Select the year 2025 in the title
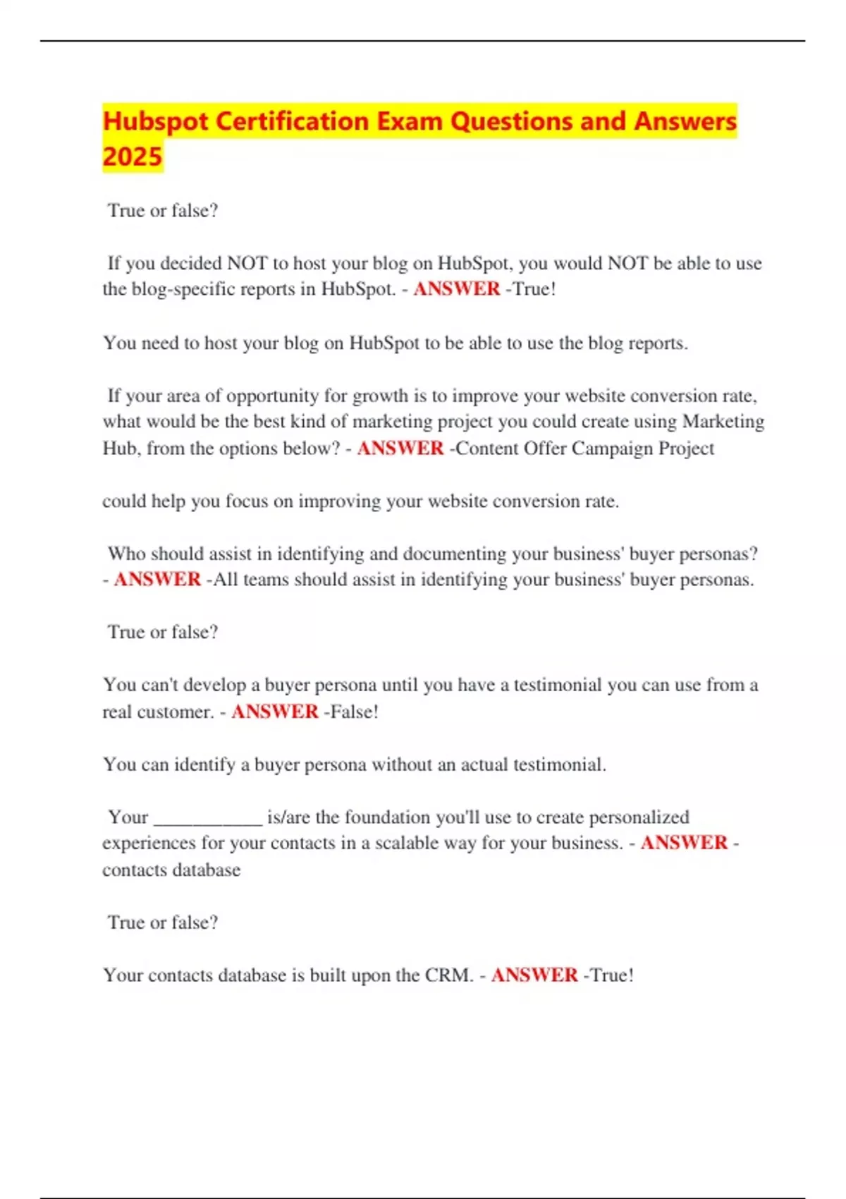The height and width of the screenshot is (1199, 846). [133, 157]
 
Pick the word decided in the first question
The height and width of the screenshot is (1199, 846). [191, 263]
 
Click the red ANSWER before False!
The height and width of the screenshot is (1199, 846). [275, 712]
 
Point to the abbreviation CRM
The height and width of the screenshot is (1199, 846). [448, 975]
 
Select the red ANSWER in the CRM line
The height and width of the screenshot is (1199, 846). [534, 975]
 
